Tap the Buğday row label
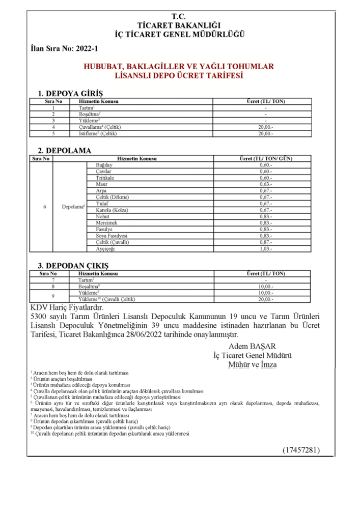pyautogui.click(x=104, y=166)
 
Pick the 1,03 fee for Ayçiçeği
pyautogui.click(x=266, y=249)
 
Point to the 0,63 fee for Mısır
pyautogui.click(x=266, y=184)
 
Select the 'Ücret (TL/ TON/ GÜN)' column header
pyautogui.click(x=266, y=159)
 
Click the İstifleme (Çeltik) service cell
pyautogui.click(x=99, y=133)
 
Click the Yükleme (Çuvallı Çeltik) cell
pyautogui.click(x=107, y=300)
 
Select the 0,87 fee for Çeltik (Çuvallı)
pyautogui.click(x=266, y=242)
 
